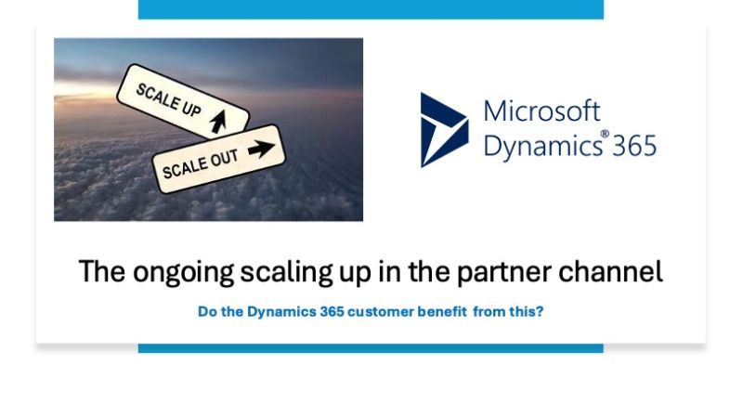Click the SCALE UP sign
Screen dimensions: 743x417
[x=183, y=101]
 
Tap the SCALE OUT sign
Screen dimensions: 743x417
[x=218, y=159]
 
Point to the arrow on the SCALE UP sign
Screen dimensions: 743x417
[x=218, y=122]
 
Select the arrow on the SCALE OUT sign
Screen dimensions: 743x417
[x=261, y=149]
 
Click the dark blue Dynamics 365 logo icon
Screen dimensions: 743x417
[x=444, y=130]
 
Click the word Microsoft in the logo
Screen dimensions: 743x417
[x=541, y=111]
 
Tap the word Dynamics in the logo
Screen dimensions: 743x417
[x=543, y=145]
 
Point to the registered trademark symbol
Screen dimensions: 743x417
[x=605, y=134]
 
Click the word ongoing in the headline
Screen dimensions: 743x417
[x=183, y=273]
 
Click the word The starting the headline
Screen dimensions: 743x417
[x=102, y=271]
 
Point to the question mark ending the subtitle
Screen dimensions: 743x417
[x=541, y=311]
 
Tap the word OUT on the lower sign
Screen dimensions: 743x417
[x=224, y=160]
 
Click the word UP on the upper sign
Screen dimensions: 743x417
[x=191, y=108]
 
